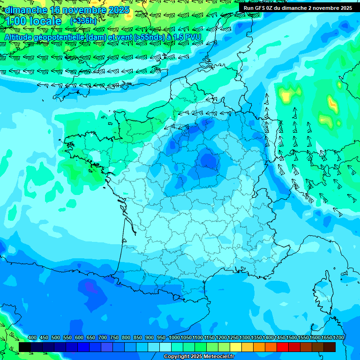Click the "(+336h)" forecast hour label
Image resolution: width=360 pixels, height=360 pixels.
tap(83, 21)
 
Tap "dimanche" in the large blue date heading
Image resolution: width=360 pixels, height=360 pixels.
tap(26, 10)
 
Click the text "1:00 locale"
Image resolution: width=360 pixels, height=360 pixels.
tap(34, 21)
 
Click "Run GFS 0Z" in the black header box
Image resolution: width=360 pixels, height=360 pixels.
tap(261, 8)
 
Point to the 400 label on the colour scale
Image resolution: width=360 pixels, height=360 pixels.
tap(32, 338)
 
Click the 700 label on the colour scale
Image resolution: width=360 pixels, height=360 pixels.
tap(103, 338)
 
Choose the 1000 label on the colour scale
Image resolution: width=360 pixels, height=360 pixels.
tap(174, 338)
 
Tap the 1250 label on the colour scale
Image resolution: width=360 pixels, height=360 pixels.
tap(233, 338)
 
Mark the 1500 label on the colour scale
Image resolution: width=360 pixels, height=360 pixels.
tap(292, 338)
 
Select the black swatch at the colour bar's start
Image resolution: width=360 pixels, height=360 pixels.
tap(25, 347)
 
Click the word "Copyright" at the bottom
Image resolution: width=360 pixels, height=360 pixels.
tap(177, 357)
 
